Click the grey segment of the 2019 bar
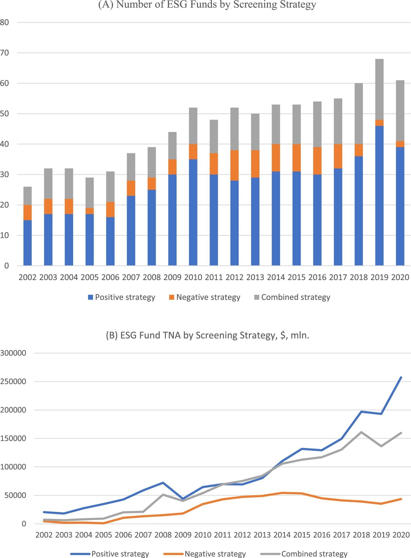pyautogui.click(x=379, y=89)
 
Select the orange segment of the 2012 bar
pyautogui.click(x=235, y=165)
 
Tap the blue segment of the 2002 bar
pyautogui.click(x=27, y=243)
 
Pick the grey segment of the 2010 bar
pyautogui.click(x=193, y=126)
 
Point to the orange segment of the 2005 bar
pyautogui.click(x=90, y=211)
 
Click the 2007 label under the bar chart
pyautogui.click(x=131, y=277)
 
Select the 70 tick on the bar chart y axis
pyautogui.click(x=5, y=53)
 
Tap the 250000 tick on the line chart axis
pyautogui.click(x=13, y=381)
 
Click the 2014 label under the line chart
pyautogui.click(x=282, y=535)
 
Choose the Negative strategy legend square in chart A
pyautogui.click(x=172, y=297)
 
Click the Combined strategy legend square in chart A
pyautogui.click(x=257, y=297)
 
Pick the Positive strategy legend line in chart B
pyautogui.click(x=80, y=554)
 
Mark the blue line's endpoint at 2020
pyautogui.click(x=401, y=377)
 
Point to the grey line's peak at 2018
pyautogui.click(x=361, y=432)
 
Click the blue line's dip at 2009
pyautogui.click(x=183, y=499)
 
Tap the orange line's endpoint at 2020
pyautogui.click(x=401, y=499)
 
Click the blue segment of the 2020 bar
pyautogui.click(x=400, y=206)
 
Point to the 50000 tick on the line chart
pyautogui.click(x=16, y=495)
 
